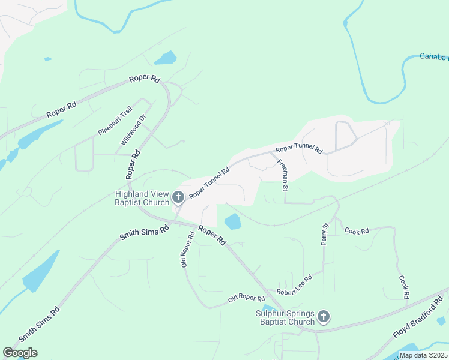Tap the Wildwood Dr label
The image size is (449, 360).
click(133, 131)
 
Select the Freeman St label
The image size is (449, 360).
click(282, 175)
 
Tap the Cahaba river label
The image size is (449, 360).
click(433, 57)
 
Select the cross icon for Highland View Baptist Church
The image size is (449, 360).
click(178, 196)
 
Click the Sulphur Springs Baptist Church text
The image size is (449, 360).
click(285, 317)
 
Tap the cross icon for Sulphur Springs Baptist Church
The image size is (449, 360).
click(323, 316)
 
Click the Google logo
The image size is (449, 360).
click(20, 353)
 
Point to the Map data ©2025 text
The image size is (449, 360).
click(423, 355)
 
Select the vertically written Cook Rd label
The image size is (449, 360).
click(404, 287)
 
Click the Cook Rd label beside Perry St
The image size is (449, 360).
click(356, 230)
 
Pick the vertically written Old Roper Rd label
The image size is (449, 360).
click(187, 249)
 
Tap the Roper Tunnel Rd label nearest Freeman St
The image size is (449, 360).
click(299, 149)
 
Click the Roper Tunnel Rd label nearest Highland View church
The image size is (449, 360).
click(209, 183)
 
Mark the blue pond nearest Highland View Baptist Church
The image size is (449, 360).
click(233, 222)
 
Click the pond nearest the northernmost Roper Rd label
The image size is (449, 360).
click(166, 58)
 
